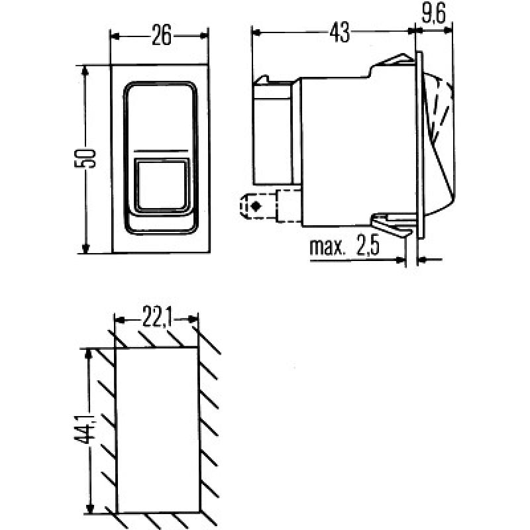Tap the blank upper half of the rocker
161,117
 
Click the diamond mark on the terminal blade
255,207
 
